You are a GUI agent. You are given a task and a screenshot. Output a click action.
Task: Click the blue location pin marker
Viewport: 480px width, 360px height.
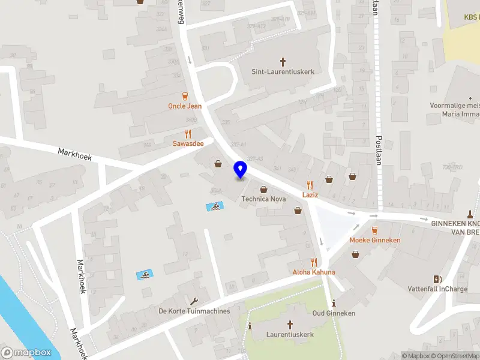click(x=240, y=170)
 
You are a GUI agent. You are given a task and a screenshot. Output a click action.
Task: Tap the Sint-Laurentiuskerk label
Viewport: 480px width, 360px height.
click(x=283, y=71)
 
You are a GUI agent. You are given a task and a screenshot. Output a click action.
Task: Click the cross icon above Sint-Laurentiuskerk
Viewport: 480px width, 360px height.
click(x=283, y=61)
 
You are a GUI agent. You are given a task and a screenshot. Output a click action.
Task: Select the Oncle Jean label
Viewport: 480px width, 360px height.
click(x=185, y=106)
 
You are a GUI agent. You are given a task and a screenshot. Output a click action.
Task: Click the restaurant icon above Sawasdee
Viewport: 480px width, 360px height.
click(x=188, y=134)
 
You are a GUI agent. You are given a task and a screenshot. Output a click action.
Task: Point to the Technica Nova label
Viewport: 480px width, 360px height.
click(x=263, y=199)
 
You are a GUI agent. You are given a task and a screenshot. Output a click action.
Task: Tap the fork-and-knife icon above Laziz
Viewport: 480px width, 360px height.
click(x=310, y=185)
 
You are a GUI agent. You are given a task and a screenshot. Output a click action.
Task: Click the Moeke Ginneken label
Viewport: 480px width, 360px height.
click(x=375, y=240)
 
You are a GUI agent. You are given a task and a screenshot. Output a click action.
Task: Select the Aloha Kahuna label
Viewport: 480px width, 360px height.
click(x=314, y=272)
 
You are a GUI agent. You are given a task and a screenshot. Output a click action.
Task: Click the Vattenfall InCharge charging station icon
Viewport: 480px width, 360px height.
click(x=437, y=278)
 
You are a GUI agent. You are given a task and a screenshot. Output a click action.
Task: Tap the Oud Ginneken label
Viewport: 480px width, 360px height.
click(x=334, y=313)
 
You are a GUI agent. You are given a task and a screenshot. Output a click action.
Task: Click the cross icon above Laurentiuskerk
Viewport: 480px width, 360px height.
click(x=290, y=325)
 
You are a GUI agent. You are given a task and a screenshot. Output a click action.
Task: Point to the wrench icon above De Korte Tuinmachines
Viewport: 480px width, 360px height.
click(x=194, y=301)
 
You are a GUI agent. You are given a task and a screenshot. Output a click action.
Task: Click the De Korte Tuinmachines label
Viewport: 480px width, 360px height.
click(x=194, y=311)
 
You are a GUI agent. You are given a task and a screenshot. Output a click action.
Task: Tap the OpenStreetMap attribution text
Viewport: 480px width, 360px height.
click(x=457, y=356)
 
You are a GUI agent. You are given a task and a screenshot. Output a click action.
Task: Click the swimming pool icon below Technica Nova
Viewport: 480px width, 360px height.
click(x=214, y=207)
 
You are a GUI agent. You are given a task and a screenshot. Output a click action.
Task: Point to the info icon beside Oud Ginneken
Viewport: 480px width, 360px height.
click(x=334, y=303)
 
